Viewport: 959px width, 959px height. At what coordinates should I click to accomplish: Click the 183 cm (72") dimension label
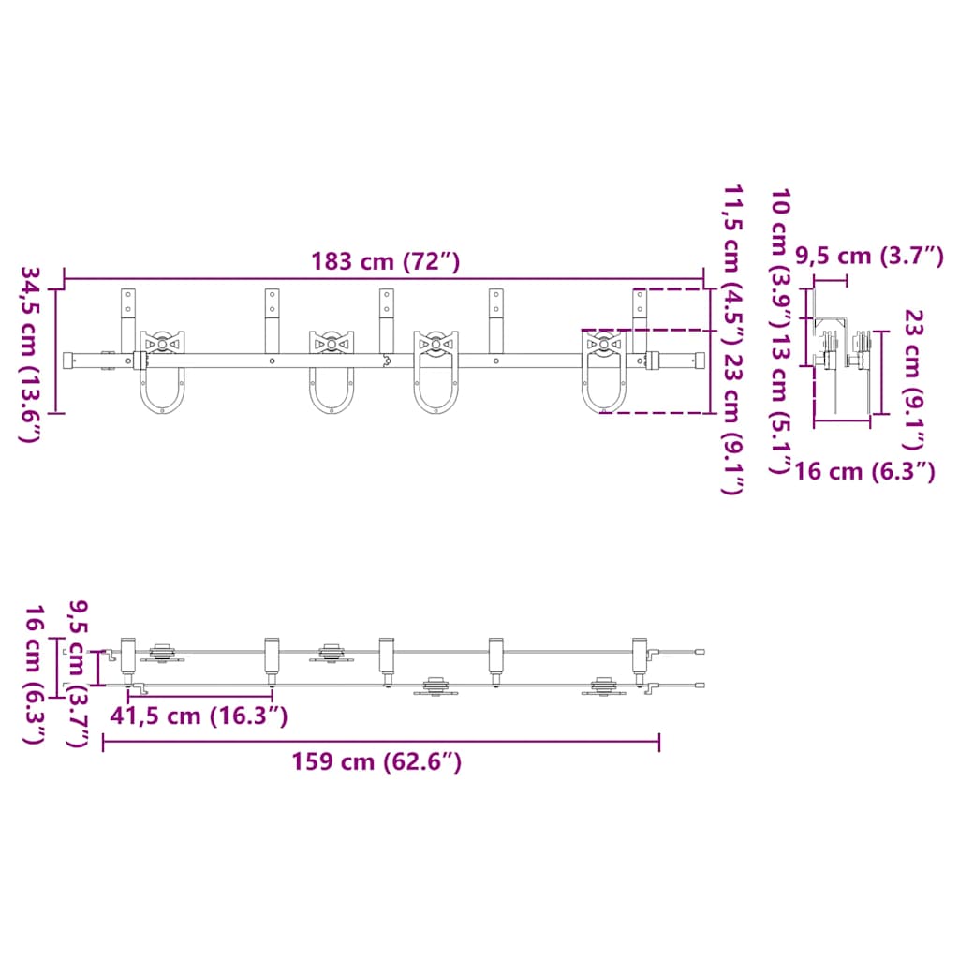point(385,261)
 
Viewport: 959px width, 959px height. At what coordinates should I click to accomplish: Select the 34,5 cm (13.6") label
point(30,354)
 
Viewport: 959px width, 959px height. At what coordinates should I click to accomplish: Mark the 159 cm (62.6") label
point(376,761)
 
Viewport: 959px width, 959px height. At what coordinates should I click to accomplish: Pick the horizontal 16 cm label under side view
point(863,471)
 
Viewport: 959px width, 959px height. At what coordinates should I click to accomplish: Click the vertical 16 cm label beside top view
point(34,673)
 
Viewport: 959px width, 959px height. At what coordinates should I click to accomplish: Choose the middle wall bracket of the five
point(386,318)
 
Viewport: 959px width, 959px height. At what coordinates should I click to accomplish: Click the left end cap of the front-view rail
point(69,360)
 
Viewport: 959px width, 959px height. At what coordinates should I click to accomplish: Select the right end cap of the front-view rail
point(698,360)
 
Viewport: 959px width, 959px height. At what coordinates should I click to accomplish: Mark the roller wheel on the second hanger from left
point(332,344)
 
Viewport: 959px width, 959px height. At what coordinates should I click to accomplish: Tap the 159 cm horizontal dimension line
point(380,743)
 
